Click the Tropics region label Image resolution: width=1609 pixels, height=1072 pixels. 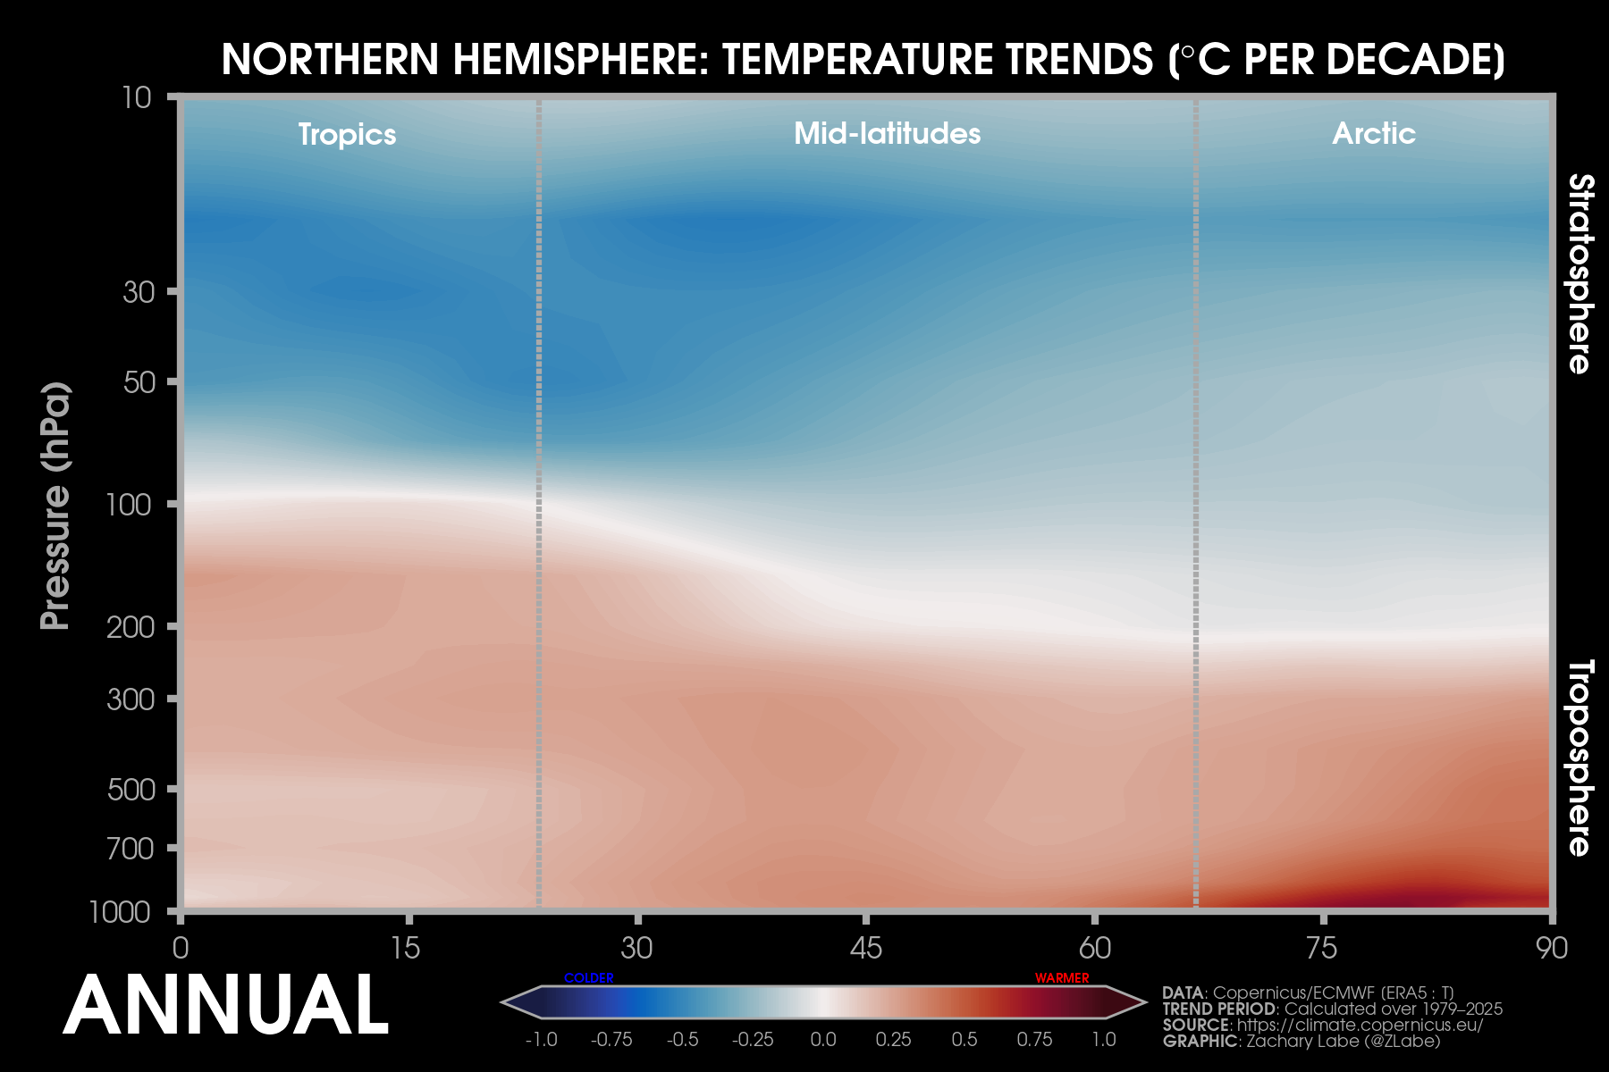347,135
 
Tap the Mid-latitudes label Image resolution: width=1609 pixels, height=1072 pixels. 887,134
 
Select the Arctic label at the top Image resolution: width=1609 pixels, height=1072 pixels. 1373,134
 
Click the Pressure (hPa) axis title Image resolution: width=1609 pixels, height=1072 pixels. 55,506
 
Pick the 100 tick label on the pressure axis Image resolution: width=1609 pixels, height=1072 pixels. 129,506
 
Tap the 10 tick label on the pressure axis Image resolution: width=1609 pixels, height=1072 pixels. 137,97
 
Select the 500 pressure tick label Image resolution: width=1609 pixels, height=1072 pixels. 131,790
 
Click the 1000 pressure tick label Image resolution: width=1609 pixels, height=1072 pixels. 120,912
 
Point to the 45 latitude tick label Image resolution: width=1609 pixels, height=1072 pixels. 865,948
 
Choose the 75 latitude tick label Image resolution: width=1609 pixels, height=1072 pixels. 1322,948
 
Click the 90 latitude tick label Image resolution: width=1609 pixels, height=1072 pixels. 1552,948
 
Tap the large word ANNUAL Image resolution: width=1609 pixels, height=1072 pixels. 225,1006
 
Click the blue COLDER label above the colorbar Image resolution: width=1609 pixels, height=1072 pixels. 589,978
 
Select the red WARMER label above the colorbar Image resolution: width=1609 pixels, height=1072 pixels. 1062,978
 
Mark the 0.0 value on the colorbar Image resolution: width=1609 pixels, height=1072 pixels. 823,1040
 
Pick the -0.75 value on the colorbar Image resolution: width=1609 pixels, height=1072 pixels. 611,1040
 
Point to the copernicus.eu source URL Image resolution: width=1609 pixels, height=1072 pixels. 1359,1026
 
